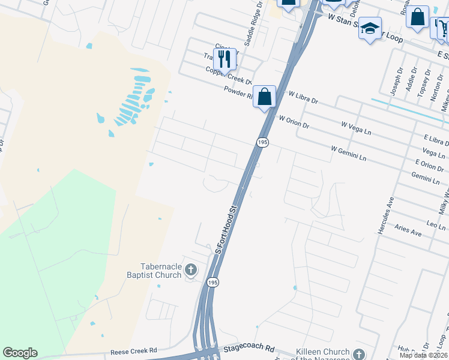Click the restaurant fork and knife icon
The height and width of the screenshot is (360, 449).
pos(224,58)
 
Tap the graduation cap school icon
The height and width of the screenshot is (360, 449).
pos(370,28)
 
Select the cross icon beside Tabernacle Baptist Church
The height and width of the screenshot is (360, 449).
pos(191,270)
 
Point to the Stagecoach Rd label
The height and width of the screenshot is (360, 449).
pos(249,349)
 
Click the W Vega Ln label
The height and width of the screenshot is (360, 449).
pos(357,128)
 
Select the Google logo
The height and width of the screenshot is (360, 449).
pos(20,353)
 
